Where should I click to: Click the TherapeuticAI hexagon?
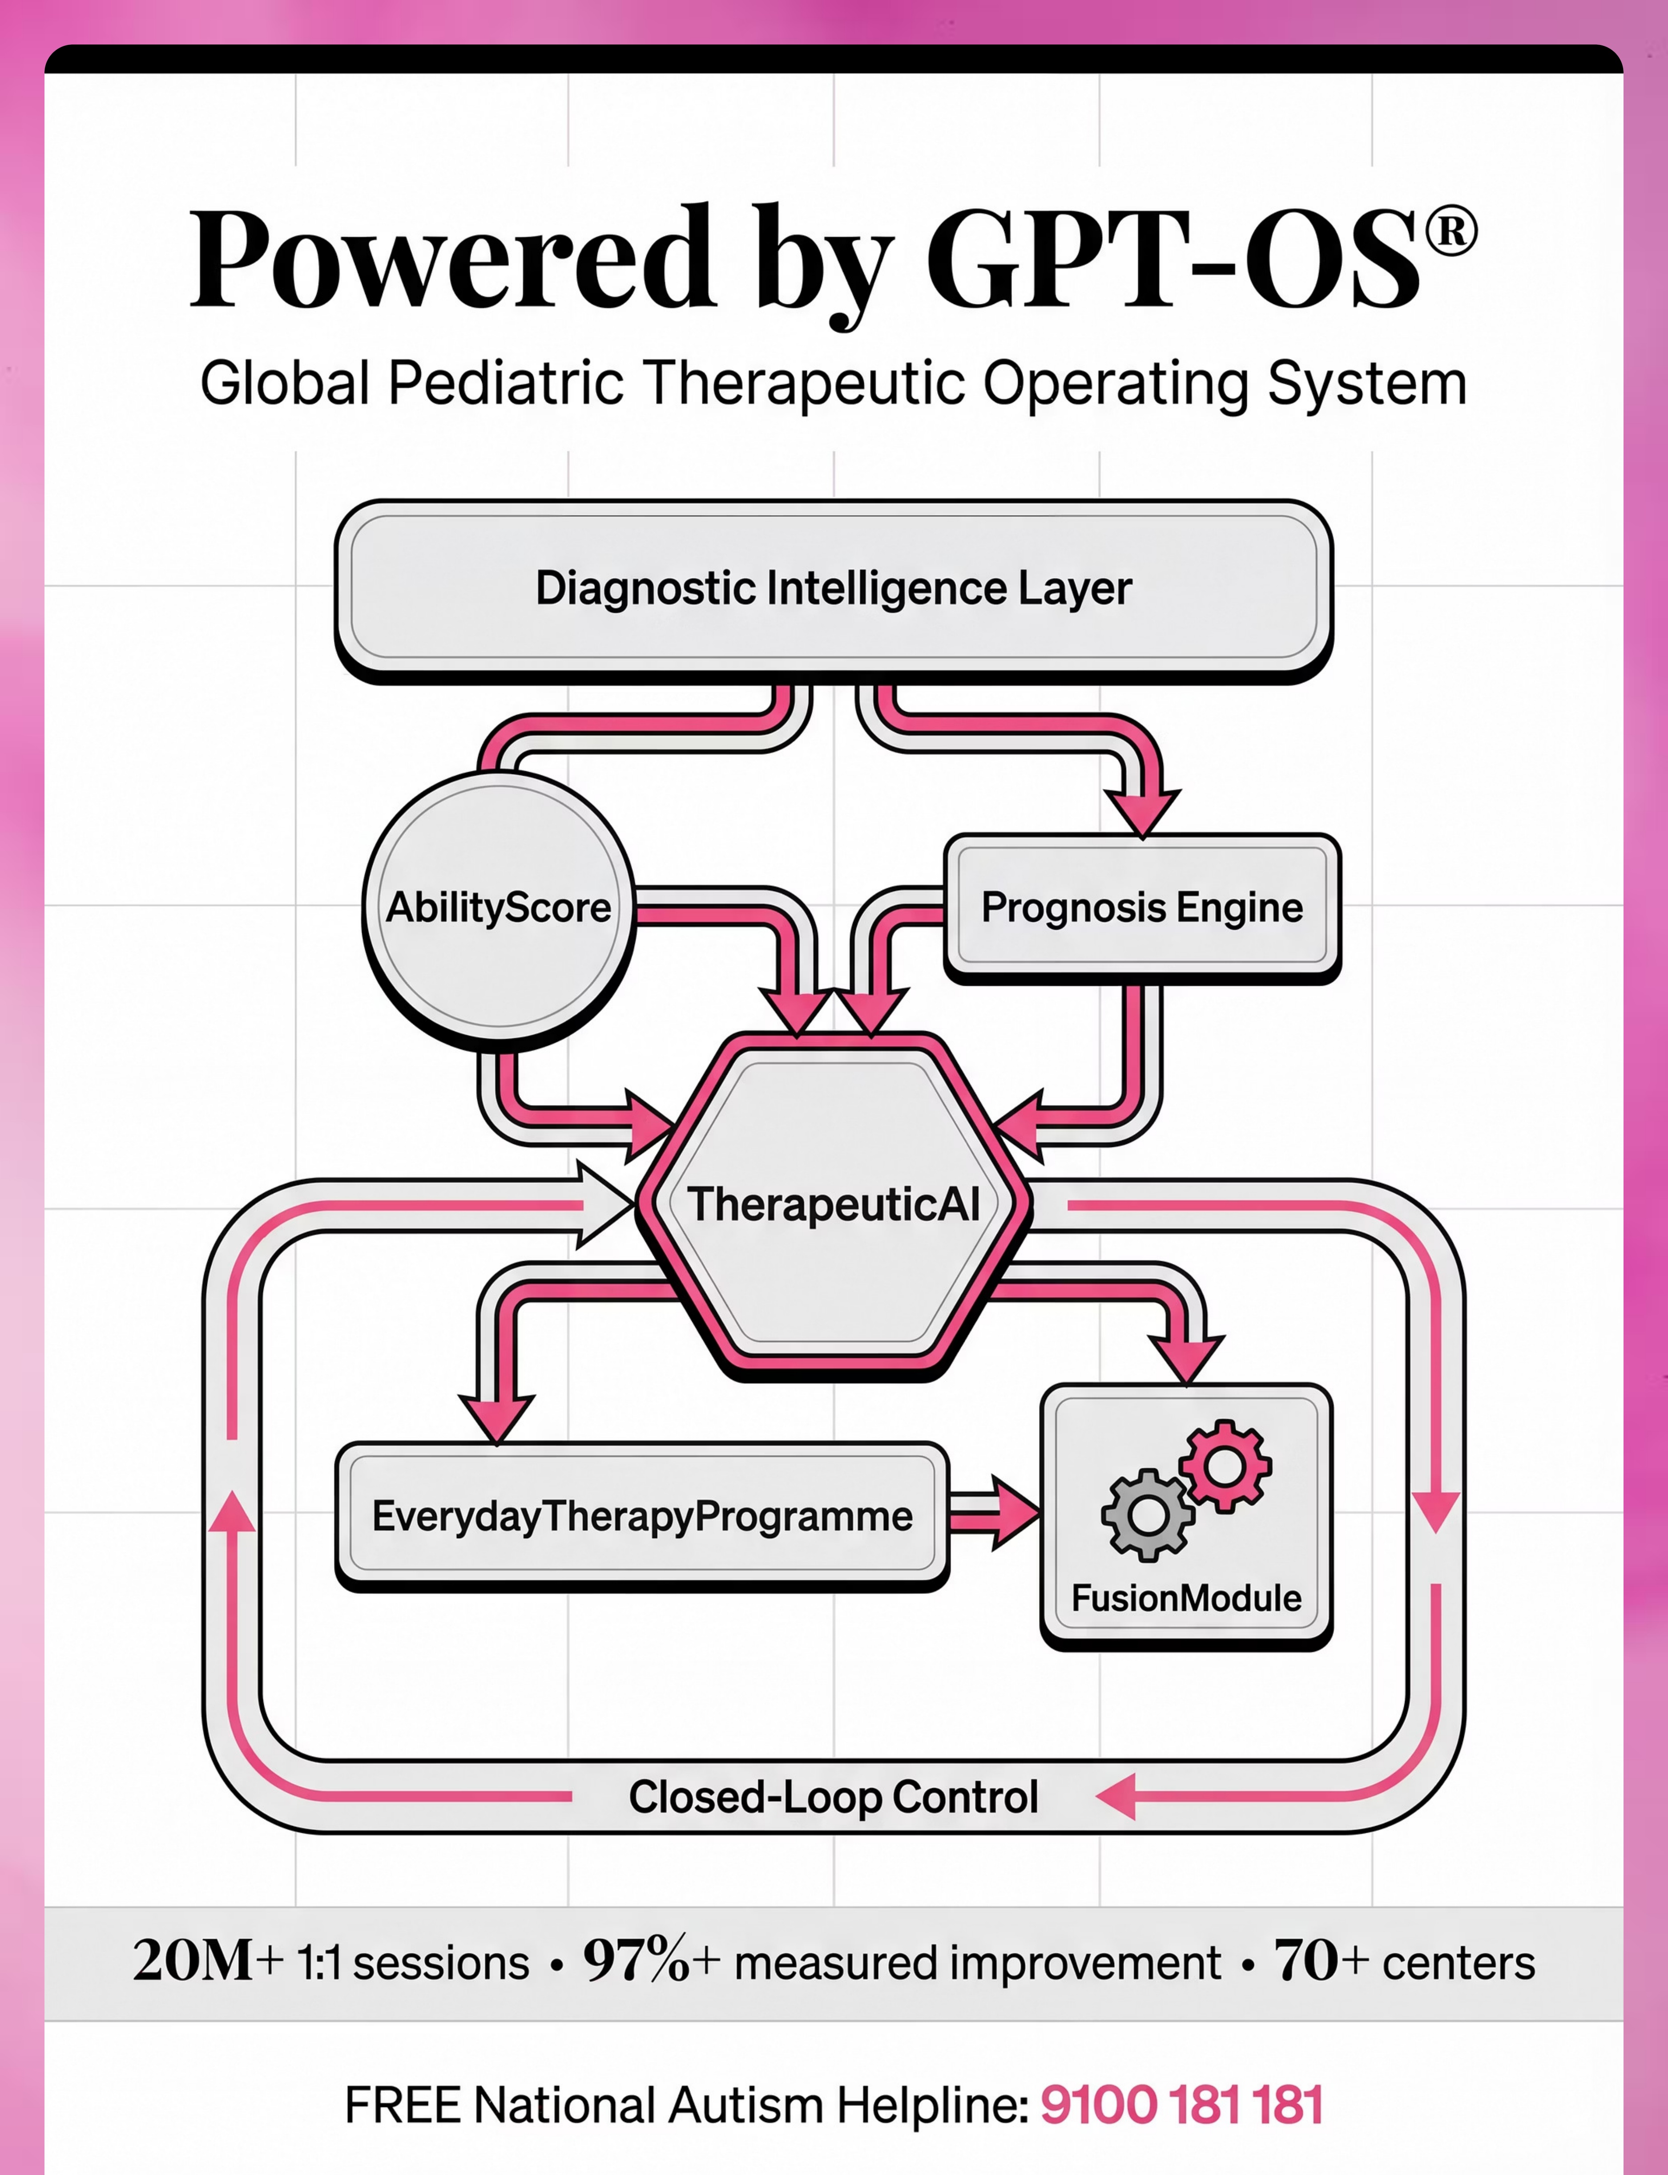click(x=834, y=1205)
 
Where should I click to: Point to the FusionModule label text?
click(x=1186, y=1598)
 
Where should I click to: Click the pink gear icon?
click(x=1225, y=1466)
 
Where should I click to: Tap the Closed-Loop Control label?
click(x=834, y=1797)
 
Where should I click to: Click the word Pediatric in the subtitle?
click(x=506, y=383)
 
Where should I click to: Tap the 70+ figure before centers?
click(x=1322, y=1961)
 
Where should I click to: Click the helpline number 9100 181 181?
click(x=1181, y=2105)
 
